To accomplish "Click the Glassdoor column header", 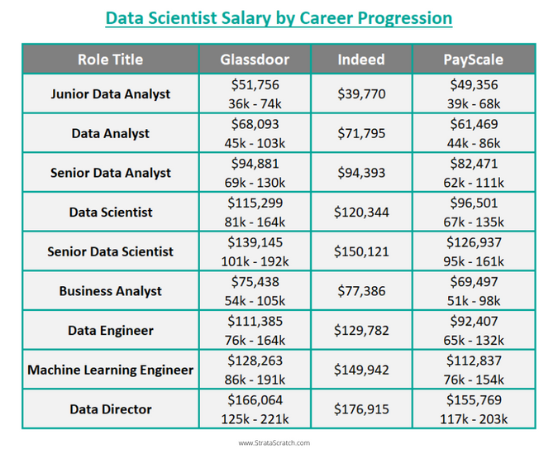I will tap(255, 60).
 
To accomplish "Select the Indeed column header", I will tap(361, 60).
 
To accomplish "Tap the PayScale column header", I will tap(473, 60).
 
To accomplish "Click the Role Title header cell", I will tap(110, 60).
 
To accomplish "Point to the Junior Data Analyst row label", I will tap(110, 93).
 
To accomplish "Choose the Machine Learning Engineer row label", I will tap(110, 370).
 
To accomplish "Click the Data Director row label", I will tap(110, 409).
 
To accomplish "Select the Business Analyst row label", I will tap(110, 291).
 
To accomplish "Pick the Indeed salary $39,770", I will tap(361, 94).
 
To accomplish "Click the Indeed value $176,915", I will tap(361, 409).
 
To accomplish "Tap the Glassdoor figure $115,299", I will tap(255, 203).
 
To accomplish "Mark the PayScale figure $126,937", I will tap(473, 243).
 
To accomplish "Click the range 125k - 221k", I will tap(255, 419).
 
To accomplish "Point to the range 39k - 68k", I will tap(473, 103).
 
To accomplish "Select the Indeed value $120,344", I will tap(361, 213).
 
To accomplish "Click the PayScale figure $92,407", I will tap(473, 322).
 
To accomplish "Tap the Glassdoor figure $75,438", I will tap(255, 282).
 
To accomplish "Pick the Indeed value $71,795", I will tap(361, 133).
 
